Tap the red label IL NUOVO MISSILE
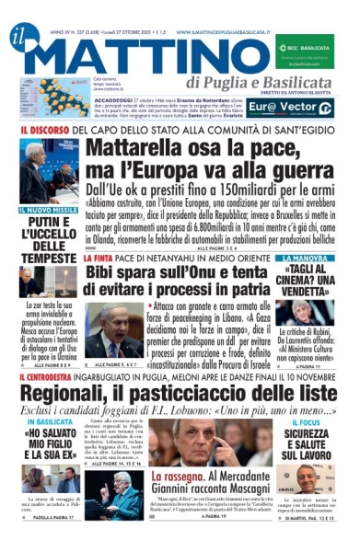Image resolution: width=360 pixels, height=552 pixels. coord(47,210)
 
